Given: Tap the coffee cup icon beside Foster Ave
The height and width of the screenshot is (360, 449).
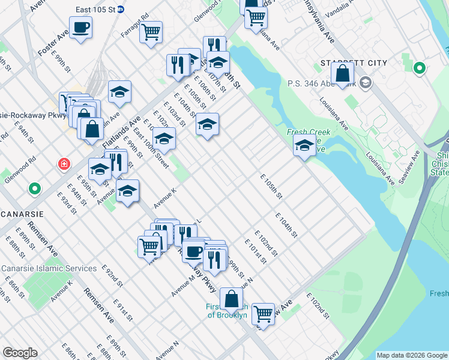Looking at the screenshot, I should click(x=80, y=28).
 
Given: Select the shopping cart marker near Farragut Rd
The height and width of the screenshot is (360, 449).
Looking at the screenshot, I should click(x=151, y=32).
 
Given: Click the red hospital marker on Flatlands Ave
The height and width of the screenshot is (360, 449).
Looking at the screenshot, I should click(x=62, y=163).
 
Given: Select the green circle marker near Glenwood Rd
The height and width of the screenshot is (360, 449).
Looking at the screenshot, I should click(x=35, y=190).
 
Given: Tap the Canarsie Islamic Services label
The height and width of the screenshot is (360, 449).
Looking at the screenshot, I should click(x=49, y=268).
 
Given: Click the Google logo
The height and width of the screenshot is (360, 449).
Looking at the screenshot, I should click(x=19, y=353).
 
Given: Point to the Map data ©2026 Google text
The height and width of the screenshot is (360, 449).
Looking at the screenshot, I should click(x=411, y=355).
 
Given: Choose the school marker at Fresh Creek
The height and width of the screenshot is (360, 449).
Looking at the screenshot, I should click(x=304, y=146).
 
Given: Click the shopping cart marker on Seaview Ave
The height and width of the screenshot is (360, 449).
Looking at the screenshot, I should click(x=262, y=313).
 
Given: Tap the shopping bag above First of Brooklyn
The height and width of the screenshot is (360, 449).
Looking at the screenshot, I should click(x=231, y=298).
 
